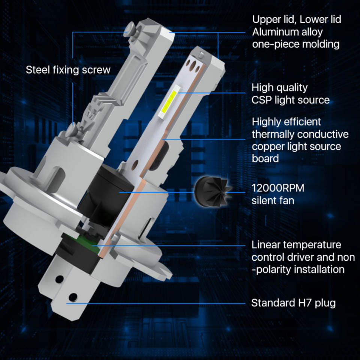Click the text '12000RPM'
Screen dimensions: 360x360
[278, 188]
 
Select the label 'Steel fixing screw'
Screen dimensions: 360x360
[68, 70]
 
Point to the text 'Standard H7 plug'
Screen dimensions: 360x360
[293, 303]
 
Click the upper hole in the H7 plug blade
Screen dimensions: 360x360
[60, 279]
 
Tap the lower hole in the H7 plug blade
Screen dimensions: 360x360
[73, 297]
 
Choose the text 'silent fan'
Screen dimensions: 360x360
[273, 200]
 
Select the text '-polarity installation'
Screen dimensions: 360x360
[298, 270]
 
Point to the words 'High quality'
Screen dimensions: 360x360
[280, 88]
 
